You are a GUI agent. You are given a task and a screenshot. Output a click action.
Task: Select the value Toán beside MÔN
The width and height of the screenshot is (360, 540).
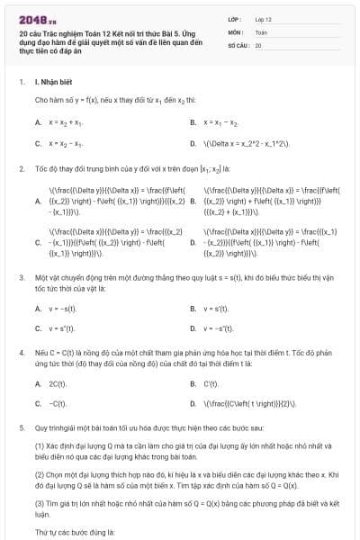point(261,31)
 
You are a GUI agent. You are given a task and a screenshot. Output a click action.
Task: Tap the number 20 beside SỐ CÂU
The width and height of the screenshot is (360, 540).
point(258,44)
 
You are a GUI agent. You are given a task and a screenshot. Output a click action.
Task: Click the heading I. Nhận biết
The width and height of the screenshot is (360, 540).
point(54,82)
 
